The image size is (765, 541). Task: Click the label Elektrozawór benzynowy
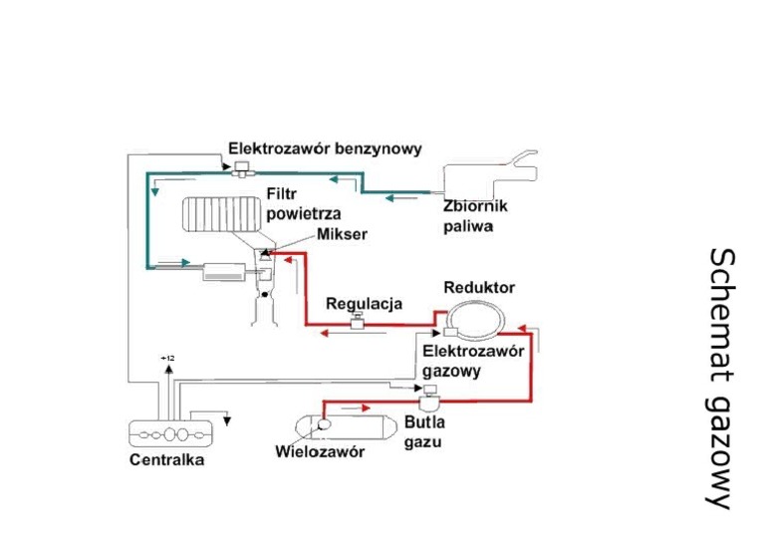[x=325, y=148]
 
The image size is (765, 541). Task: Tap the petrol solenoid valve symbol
[x=240, y=171]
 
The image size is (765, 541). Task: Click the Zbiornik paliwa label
[x=476, y=216]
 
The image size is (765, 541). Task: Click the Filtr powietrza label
[x=304, y=204]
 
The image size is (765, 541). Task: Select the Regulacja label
[x=364, y=303]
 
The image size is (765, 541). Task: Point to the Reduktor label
[x=479, y=287]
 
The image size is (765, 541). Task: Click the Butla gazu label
[x=423, y=431]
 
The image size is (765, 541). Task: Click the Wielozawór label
[x=320, y=452]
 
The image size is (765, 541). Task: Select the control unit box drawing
[x=172, y=434]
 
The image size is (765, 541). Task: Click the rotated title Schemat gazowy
[x=723, y=378]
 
